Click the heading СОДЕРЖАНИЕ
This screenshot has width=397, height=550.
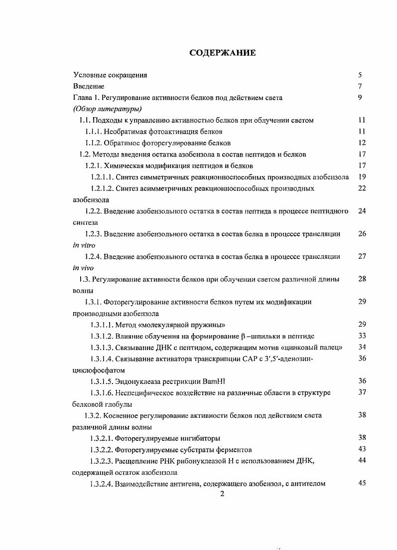(223, 52)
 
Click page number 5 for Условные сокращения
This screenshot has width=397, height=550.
(360, 75)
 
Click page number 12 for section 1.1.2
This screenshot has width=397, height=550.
(362, 143)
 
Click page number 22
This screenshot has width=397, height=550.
(362, 188)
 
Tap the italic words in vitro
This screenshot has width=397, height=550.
(84, 245)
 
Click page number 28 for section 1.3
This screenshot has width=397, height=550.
(362, 279)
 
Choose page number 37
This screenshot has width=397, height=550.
(362, 392)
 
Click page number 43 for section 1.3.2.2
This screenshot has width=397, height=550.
(362, 449)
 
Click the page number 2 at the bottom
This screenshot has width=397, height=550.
(223, 494)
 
